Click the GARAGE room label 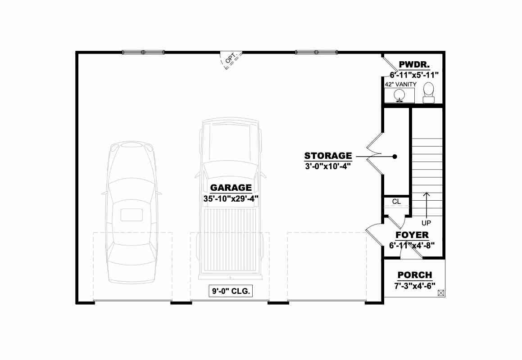coord(231,188)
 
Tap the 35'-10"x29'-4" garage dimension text coord(231,198)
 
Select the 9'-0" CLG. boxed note coord(231,291)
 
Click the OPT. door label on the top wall coord(230,58)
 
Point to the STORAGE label coord(328,156)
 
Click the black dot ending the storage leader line coord(395,157)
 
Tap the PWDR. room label coord(414,64)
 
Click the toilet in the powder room coord(428,93)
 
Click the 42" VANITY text coord(400,85)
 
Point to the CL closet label coord(396,202)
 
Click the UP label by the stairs coord(426,223)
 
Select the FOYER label coord(412,235)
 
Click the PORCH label coord(415,275)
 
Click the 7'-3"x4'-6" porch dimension coord(415,286)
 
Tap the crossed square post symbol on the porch coord(441,293)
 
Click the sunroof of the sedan coord(132,215)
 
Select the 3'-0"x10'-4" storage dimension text coord(328,166)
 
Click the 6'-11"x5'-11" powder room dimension coord(414,75)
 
